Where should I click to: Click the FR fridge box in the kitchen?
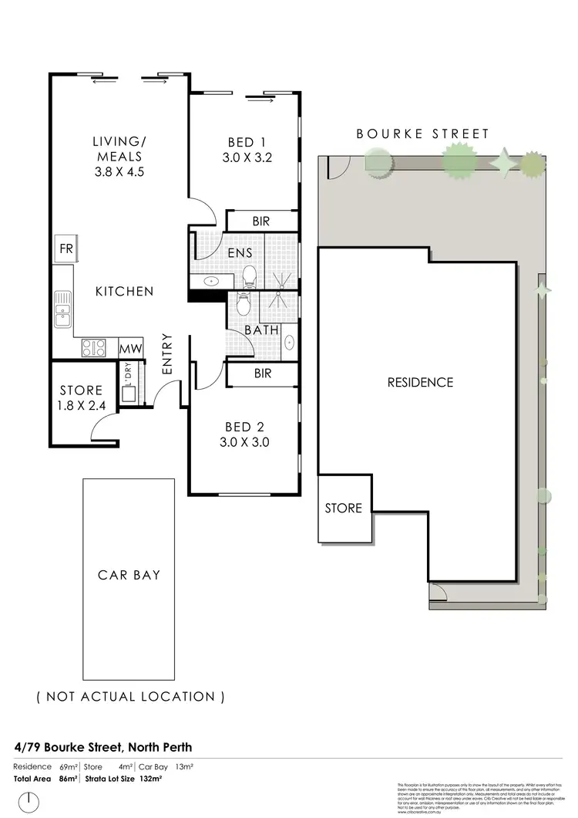coord(65,249)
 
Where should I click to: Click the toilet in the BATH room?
coord(243,306)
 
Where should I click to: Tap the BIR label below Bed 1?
coord(261,221)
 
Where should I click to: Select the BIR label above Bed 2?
coord(261,374)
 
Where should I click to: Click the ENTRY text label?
coord(167,354)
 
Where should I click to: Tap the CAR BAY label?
coord(129,575)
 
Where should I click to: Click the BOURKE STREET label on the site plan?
coord(422,134)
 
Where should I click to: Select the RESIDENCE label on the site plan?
coord(420,382)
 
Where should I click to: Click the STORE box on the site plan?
coord(343,508)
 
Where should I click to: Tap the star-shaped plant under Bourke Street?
coord(504,163)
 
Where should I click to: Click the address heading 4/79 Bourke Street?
coord(102,747)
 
